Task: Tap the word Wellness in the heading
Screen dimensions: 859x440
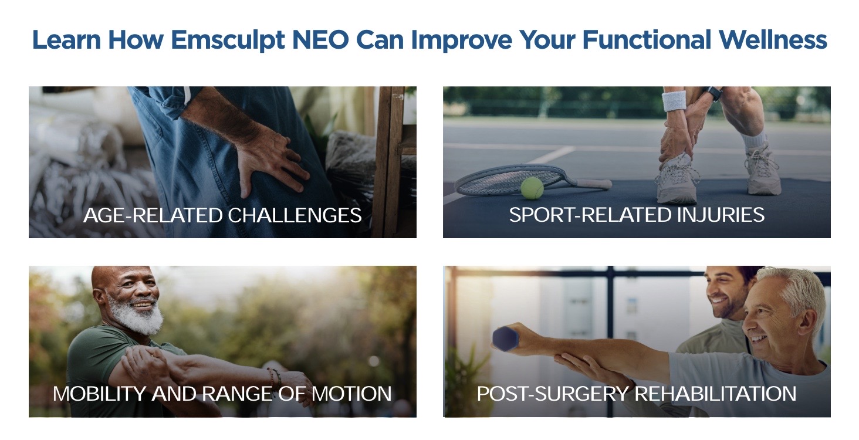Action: pyautogui.click(x=773, y=40)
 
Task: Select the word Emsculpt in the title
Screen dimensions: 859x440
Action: pyautogui.click(x=228, y=40)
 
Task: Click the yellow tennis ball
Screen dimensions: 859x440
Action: pyautogui.click(x=532, y=188)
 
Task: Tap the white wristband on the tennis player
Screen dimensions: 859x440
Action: pyautogui.click(x=674, y=100)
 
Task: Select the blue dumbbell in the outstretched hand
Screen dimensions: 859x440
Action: pyautogui.click(x=505, y=339)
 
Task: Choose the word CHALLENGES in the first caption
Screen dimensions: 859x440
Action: pyautogui.click(x=295, y=215)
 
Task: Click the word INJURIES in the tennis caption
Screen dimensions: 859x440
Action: pyautogui.click(x=721, y=215)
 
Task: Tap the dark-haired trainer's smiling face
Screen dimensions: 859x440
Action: pyautogui.click(x=723, y=293)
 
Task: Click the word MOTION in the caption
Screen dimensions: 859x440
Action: pyautogui.click(x=351, y=394)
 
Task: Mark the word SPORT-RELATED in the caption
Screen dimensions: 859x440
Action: pyautogui.click(x=590, y=215)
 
